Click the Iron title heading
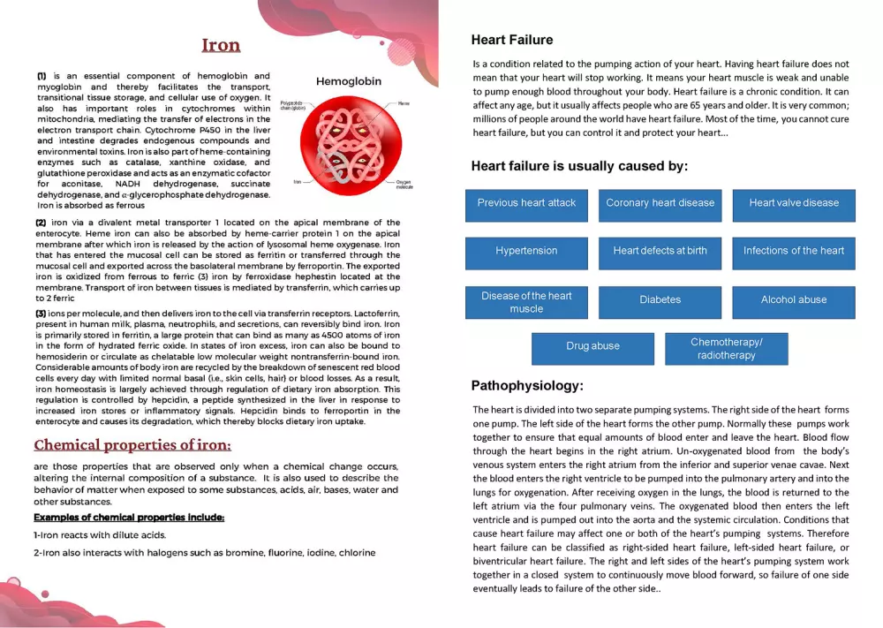point(221,45)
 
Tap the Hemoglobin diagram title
point(349,81)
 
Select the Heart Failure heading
point(512,40)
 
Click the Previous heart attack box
point(526,203)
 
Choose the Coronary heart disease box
point(660,203)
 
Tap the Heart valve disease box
point(794,203)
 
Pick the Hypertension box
point(526,251)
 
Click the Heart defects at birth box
point(660,251)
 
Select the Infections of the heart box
point(794,251)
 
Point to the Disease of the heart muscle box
point(526,302)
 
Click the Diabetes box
point(660,300)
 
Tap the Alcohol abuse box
point(794,300)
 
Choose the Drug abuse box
point(592,347)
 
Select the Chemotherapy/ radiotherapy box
point(726,348)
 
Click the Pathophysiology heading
point(527,386)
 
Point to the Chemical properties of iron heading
point(132,444)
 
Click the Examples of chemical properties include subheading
point(129,517)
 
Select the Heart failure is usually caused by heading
point(579,166)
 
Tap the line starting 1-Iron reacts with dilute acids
point(100,535)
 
